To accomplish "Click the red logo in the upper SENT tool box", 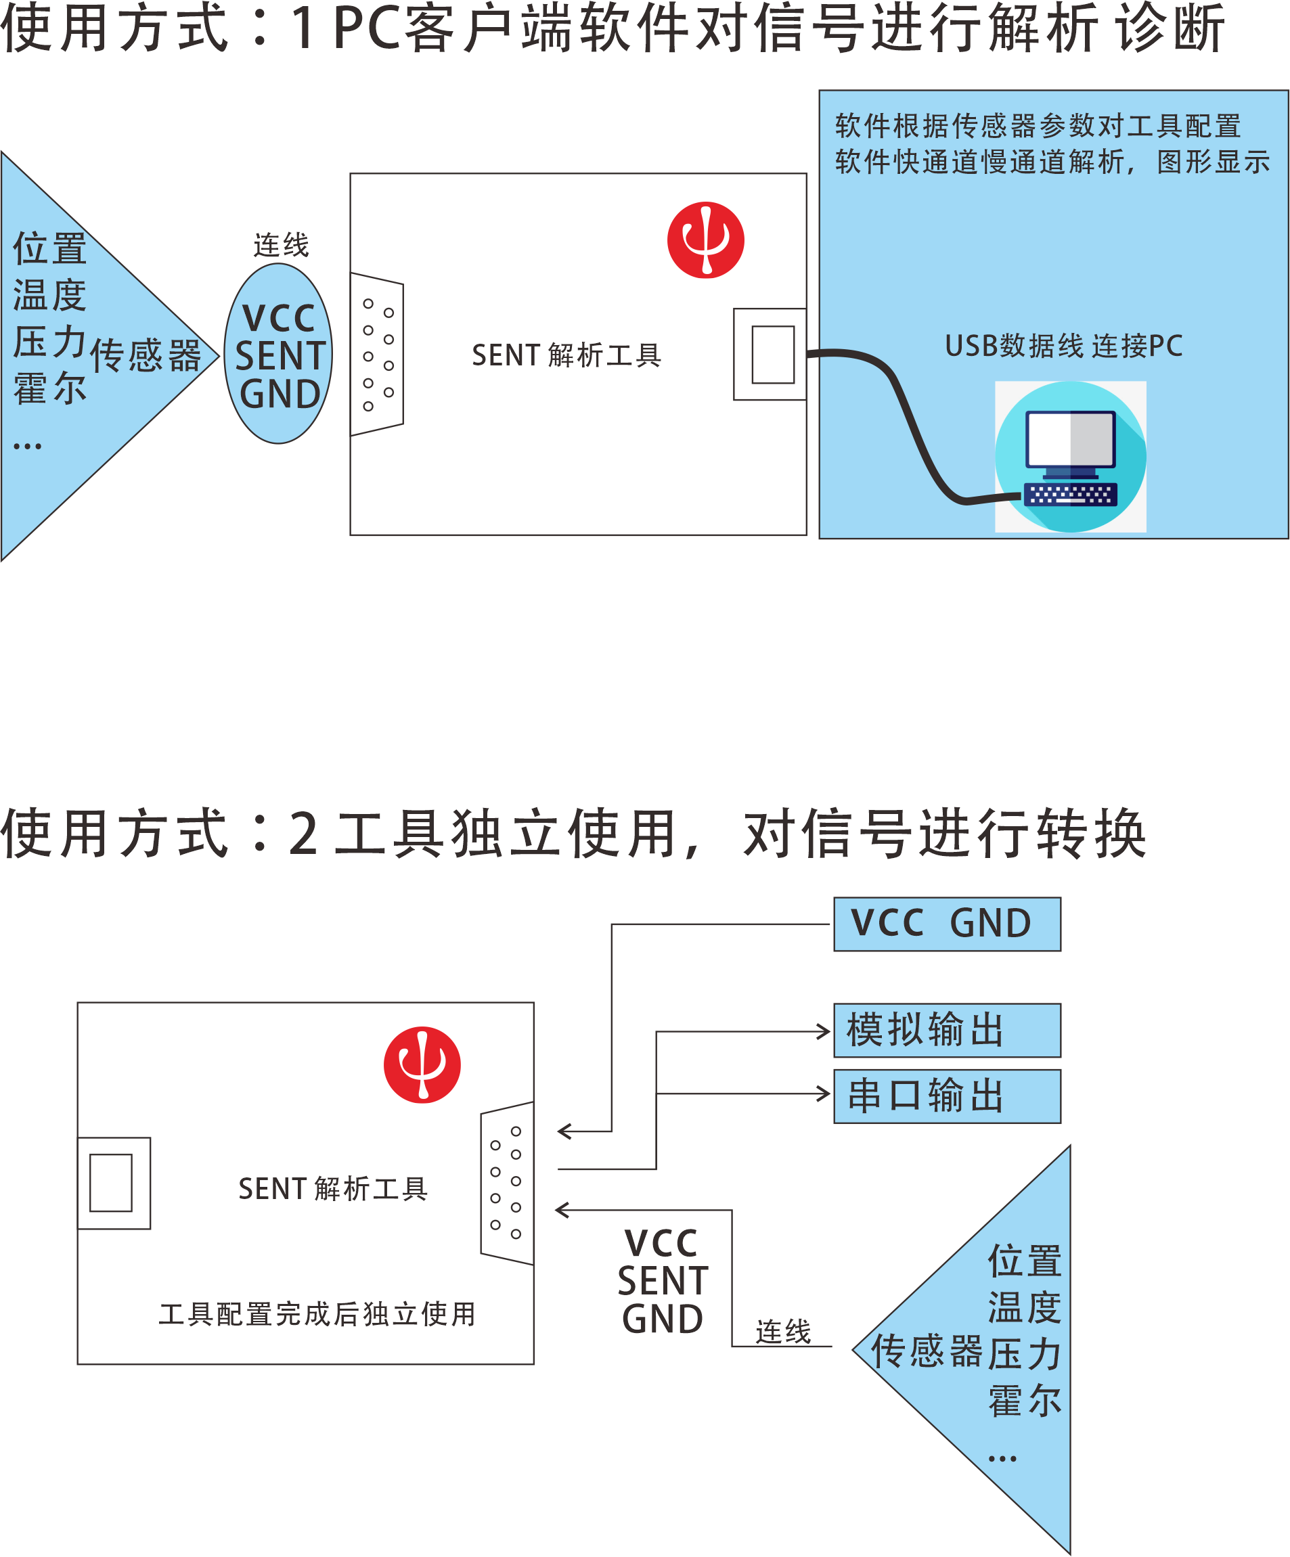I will tap(705, 240).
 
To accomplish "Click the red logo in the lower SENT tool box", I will tap(422, 1064).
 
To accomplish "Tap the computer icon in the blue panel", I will tap(1070, 456).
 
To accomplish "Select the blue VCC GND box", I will tap(947, 924).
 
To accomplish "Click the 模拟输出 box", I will tap(947, 1030).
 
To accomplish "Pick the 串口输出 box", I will tap(947, 1096).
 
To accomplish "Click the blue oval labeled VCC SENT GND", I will tap(279, 355).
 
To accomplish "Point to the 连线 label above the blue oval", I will tap(280, 245).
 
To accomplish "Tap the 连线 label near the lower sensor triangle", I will tap(783, 1332).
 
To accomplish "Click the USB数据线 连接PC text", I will tap(1063, 346).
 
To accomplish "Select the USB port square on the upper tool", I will tap(772, 355).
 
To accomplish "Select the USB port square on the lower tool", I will tap(111, 1183).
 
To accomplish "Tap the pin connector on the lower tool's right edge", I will tap(506, 1183).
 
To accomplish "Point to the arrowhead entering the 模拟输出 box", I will tap(824, 1031).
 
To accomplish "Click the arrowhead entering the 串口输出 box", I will tap(824, 1093).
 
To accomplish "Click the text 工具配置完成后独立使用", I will tap(317, 1314).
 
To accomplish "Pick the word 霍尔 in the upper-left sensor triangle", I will tap(49, 388).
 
